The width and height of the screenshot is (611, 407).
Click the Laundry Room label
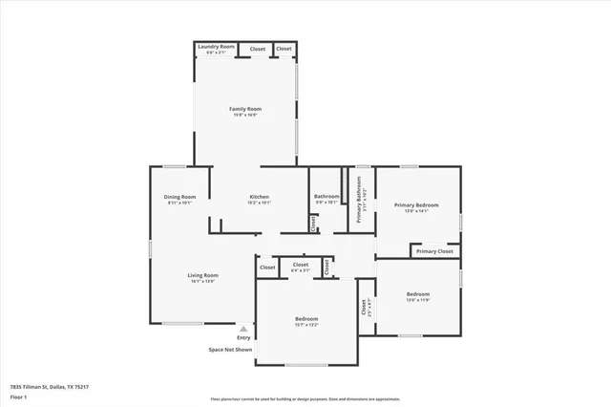tap(216, 46)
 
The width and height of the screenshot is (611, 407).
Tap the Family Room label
tap(245, 109)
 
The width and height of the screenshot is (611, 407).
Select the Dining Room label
tap(179, 197)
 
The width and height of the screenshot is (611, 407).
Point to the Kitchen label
tap(260, 197)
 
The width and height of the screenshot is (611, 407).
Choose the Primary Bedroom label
tap(416, 204)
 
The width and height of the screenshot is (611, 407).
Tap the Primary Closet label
tap(434, 251)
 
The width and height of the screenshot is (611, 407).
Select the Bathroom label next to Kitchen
tap(327, 196)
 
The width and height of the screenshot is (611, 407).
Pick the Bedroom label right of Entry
tap(305, 318)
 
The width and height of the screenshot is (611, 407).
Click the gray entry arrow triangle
tap(243, 328)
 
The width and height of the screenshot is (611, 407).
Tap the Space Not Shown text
tap(231, 350)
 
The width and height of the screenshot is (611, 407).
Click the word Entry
tap(243, 337)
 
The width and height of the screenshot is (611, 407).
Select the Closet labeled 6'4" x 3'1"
tap(300, 267)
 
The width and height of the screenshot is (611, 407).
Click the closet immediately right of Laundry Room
tap(258, 49)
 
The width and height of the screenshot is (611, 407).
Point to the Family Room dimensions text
tap(245, 116)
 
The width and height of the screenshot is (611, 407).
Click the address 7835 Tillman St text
tap(37, 387)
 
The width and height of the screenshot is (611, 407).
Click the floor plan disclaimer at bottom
tap(305, 398)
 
